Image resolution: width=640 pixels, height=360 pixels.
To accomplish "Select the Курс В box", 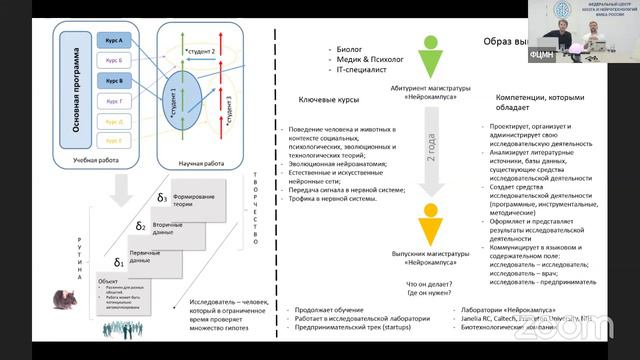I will pyautogui.click(x=113, y=80).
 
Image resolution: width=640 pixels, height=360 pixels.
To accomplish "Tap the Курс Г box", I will pyautogui.click(x=113, y=101).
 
